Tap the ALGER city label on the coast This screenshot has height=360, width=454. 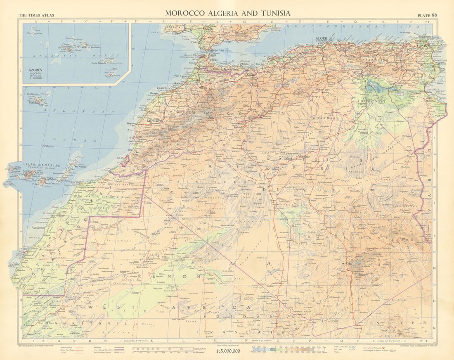click(x=321, y=38)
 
